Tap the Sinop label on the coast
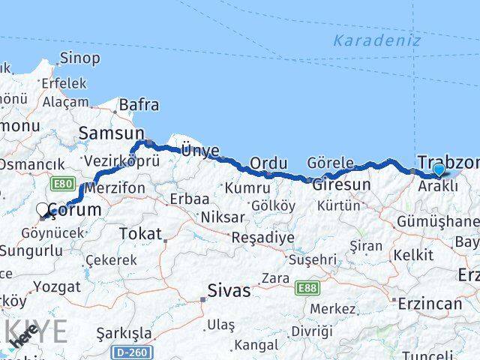[79, 58]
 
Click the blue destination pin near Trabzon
[439, 170]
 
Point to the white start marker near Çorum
[43, 211]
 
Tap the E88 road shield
[306, 287]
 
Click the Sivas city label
[230, 290]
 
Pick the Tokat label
[140, 234]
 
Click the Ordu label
[268, 163]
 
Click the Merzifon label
[115, 188]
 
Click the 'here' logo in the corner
[25, 343]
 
